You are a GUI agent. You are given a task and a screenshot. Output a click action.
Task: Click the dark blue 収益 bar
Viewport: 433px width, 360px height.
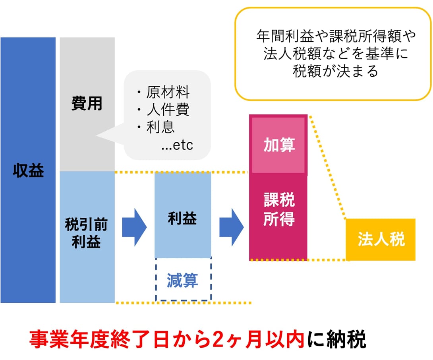click(28, 170)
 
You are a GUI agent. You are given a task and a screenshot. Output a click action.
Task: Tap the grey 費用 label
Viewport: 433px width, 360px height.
click(87, 103)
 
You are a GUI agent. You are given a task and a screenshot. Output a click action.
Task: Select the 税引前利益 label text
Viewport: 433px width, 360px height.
click(86, 233)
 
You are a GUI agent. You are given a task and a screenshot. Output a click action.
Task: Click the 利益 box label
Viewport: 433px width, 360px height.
click(182, 218)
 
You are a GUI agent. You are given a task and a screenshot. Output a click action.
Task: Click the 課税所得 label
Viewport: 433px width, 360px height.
click(279, 209)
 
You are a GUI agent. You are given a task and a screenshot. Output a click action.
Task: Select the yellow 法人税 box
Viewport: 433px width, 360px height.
click(381, 239)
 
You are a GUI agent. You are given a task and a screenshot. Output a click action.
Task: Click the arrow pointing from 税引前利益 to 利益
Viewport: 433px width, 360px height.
click(134, 227)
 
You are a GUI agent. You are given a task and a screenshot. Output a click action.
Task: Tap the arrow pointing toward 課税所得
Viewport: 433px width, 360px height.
click(232, 227)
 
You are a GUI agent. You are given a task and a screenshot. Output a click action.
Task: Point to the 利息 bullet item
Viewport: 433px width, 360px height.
click(156, 127)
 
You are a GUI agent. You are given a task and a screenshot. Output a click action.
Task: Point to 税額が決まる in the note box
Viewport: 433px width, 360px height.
click(335, 71)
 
